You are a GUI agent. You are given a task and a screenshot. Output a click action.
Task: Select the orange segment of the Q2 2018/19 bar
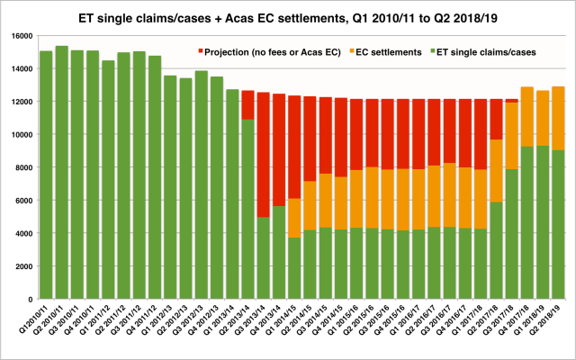coord(558,118)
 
